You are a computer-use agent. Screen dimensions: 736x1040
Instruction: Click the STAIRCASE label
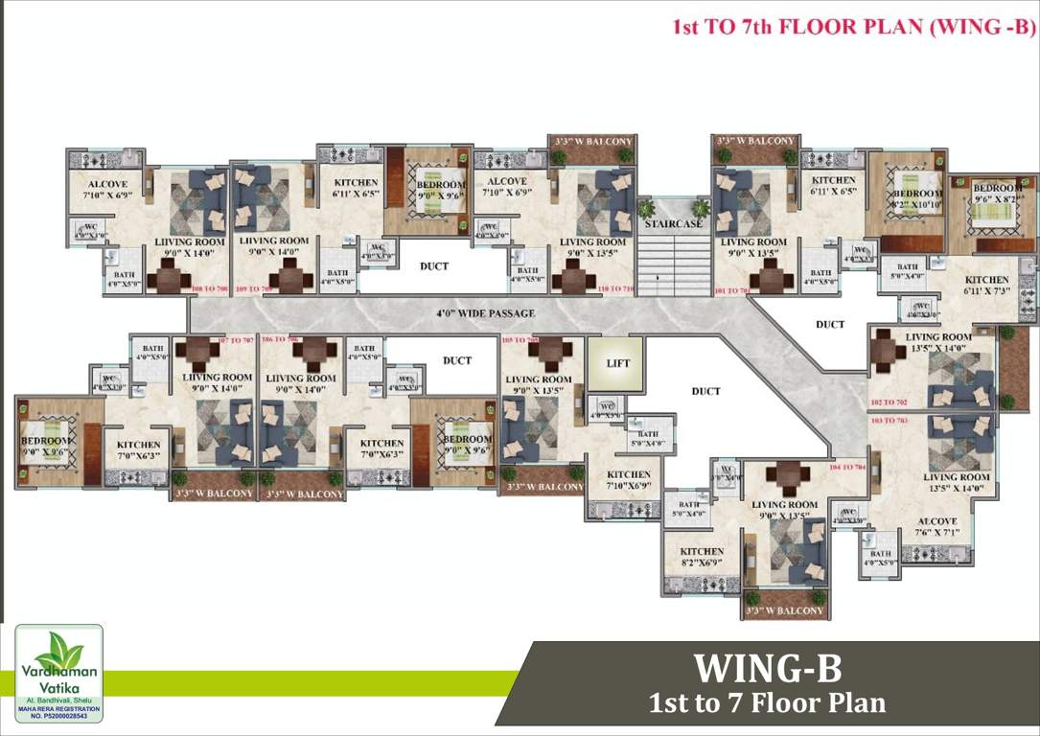point(673,223)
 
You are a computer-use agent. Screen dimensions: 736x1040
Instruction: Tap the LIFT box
point(618,363)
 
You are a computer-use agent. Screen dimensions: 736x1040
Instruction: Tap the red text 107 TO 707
point(236,340)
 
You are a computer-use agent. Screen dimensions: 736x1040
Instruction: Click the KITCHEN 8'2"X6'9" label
point(702,558)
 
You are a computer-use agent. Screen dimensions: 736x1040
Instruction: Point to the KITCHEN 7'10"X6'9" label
point(629,480)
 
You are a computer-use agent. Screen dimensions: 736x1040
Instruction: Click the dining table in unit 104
point(786,476)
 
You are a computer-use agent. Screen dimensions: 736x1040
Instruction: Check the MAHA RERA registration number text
point(58,712)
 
